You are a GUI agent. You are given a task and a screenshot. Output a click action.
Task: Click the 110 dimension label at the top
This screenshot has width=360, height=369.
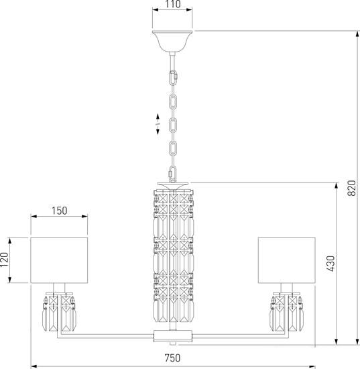click(x=173, y=4)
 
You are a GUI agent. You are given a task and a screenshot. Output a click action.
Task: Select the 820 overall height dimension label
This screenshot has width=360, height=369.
click(x=352, y=188)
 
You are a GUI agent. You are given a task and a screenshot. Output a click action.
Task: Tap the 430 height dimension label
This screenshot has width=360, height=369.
click(x=331, y=264)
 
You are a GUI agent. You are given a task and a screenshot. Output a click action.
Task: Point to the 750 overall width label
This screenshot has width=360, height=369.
click(x=172, y=358)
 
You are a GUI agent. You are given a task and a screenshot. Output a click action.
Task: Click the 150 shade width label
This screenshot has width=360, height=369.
click(x=59, y=211)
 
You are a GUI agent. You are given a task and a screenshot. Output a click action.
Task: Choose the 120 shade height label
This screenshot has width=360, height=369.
click(x=4, y=260)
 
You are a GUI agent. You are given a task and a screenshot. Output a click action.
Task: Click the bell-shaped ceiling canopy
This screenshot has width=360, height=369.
click(x=172, y=41)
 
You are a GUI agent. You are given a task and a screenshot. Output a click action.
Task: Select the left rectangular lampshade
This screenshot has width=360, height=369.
click(x=59, y=260)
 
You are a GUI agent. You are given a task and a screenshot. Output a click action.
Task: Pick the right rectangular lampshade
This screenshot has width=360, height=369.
click(x=287, y=260)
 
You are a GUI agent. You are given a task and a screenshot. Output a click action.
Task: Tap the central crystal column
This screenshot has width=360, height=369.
click(x=174, y=256)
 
